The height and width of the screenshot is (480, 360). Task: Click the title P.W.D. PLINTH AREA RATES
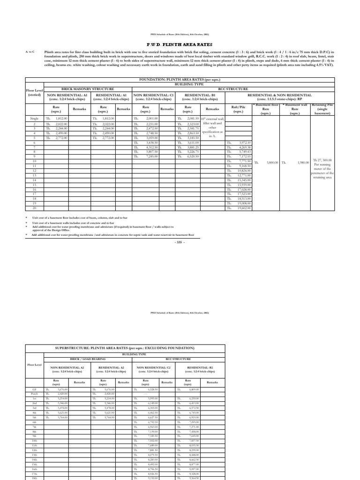click(180, 43)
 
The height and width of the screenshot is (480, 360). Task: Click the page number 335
click(180, 242)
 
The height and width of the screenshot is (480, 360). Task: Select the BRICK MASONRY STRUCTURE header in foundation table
click(88, 89)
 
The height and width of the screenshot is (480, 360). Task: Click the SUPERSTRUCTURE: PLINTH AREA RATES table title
click(125, 348)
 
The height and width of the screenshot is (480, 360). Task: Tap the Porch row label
click(34, 394)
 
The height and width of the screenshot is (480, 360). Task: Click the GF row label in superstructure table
click(34, 389)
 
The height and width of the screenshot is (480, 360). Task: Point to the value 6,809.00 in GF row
click(194, 389)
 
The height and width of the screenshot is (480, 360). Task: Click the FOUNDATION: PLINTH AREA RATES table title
click(180, 80)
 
